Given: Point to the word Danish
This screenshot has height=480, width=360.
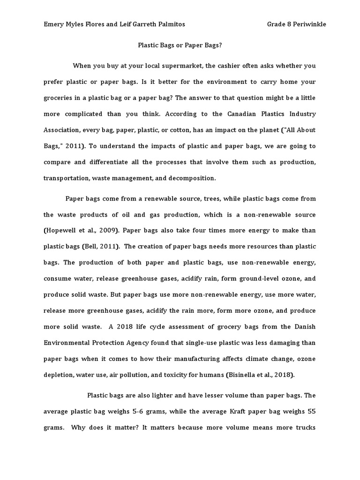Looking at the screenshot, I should pyautogui.click(x=305, y=326).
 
